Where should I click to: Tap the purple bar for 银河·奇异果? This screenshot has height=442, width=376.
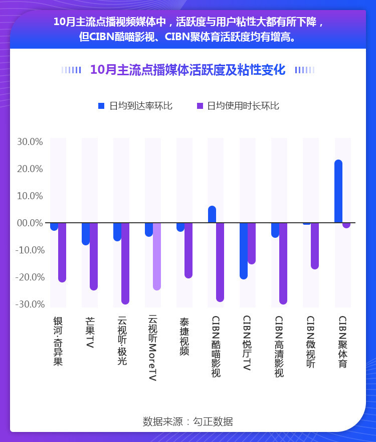click(x=62, y=252)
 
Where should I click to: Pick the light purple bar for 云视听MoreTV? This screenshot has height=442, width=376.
click(x=157, y=256)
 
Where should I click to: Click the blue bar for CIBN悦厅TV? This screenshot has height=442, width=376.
click(x=244, y=250)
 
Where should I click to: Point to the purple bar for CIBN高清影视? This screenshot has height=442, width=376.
click(x=283, y=263)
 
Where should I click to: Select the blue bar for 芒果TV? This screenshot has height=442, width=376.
click(x=86, y=233)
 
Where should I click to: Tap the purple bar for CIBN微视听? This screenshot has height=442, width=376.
click(x=315, y=245)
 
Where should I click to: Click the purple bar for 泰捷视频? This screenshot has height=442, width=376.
click(x=189, y=250)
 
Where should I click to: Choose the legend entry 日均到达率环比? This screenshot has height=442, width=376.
click(x=135, y=106)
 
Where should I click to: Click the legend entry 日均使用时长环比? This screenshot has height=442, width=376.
click(x=238, y=106)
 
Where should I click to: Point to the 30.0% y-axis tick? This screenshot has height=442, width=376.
click(x=30, y=142)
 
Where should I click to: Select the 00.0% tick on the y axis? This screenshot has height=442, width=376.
click(x=30, y=223)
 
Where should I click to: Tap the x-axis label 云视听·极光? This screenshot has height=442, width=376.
click(x=122, y=341)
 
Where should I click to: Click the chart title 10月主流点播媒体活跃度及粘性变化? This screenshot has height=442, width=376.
click(x=187, y=70)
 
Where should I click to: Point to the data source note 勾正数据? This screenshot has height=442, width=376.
click(x=187, y=421)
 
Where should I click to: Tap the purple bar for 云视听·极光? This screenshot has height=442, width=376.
click(x=125, y=263)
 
